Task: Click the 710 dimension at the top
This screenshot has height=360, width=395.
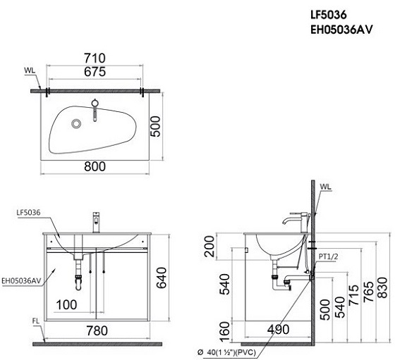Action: (x=94, y=58)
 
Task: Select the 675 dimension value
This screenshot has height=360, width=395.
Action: (x=94, y=72)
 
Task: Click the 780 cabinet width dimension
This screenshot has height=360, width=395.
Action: (x=97, y=328)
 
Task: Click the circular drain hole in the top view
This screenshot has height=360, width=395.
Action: (x=77, y=124)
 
